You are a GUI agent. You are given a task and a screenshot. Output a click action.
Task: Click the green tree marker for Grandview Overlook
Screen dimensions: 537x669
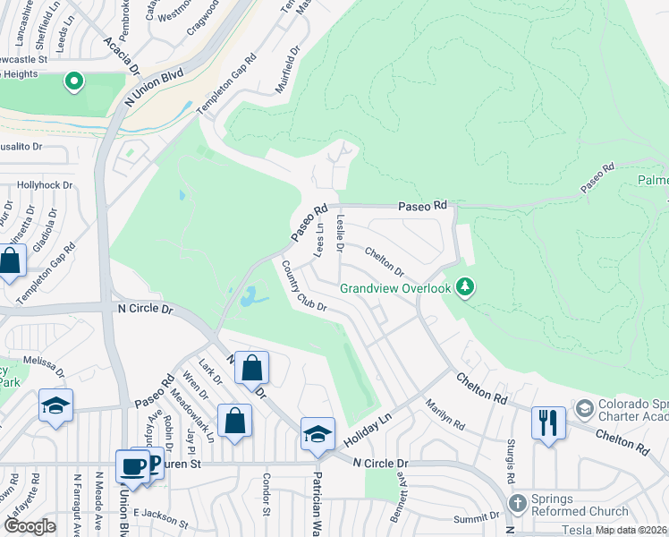point(464,287)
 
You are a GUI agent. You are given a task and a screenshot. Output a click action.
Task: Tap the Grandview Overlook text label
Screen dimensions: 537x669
point(394,288)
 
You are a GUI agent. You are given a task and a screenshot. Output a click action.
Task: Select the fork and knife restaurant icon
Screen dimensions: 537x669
point(547,422)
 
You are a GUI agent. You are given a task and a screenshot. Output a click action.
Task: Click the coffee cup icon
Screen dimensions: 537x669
point(133,466)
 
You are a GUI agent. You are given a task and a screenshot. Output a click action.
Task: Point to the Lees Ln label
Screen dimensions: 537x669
point(319,239)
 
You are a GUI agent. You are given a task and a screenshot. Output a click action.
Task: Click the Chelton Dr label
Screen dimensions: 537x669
point(385,263)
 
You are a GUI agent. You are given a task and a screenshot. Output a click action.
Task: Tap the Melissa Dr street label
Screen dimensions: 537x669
point(45,364)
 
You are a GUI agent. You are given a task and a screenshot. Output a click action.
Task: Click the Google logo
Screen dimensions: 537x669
point(30,526)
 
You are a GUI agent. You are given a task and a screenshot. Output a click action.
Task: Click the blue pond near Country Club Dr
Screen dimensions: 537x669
point(250,295)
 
